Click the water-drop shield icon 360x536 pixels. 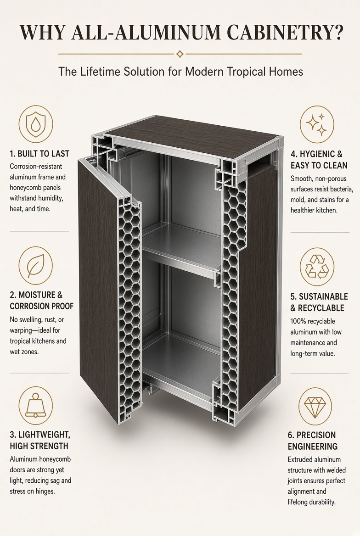(x=36, y=124)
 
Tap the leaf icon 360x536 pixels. (x=36, y=266)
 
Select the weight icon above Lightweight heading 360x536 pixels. (x=36, y=405)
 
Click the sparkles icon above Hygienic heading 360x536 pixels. (x=317, y=124)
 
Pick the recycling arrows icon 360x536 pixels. (x=317, y=267)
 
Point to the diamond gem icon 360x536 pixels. (x=315, y=407)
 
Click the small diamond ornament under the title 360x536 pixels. (x=180, y=54)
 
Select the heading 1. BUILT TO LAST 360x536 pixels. (x=39, y=154)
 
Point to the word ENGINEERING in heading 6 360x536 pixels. (x=312, y=447)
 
